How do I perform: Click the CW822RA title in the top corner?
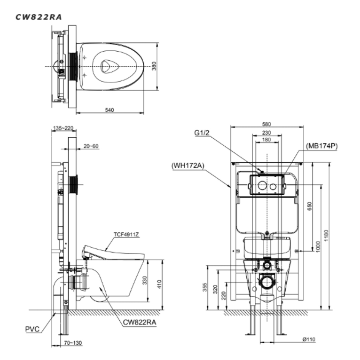[38, 17]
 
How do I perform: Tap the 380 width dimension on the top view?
[154, 66]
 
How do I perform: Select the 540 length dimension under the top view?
[109, 110]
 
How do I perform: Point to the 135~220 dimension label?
[63, 128]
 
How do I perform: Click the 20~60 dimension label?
[91, 146]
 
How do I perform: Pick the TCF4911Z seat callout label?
[126, 234]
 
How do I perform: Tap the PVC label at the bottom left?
[32, 329]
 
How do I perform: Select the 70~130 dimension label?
[73, 343]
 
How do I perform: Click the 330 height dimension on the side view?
[145, 280]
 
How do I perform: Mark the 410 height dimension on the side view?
[160, 284]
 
